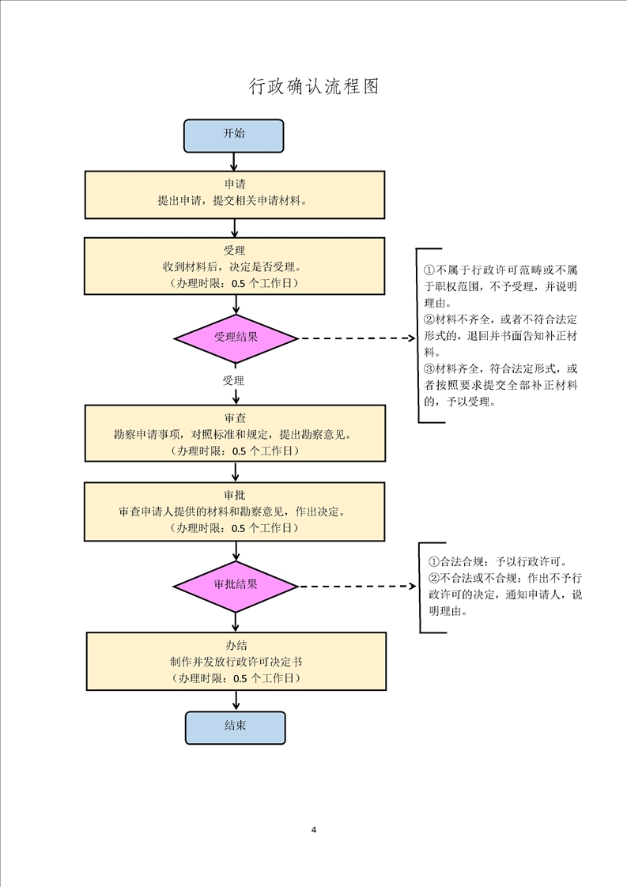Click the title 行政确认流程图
pos(314,87)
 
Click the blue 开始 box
pos(233,134)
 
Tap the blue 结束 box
pos(235,726)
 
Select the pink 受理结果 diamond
pos(236,338)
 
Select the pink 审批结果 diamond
pos(236,585)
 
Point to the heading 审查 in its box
pos(235,417)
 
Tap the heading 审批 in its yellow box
pos(235,496)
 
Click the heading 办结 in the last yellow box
pos(235,645)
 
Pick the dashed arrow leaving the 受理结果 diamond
pos(356,338)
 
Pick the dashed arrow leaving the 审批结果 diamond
pos(356,586)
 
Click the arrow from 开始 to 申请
pos(234,160)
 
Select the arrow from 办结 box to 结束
pos(235,700)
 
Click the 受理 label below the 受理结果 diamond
pos(233,381)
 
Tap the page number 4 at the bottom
pos(314,830)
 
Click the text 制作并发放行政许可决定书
pos(235,662)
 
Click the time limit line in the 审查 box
pos(235,451)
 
